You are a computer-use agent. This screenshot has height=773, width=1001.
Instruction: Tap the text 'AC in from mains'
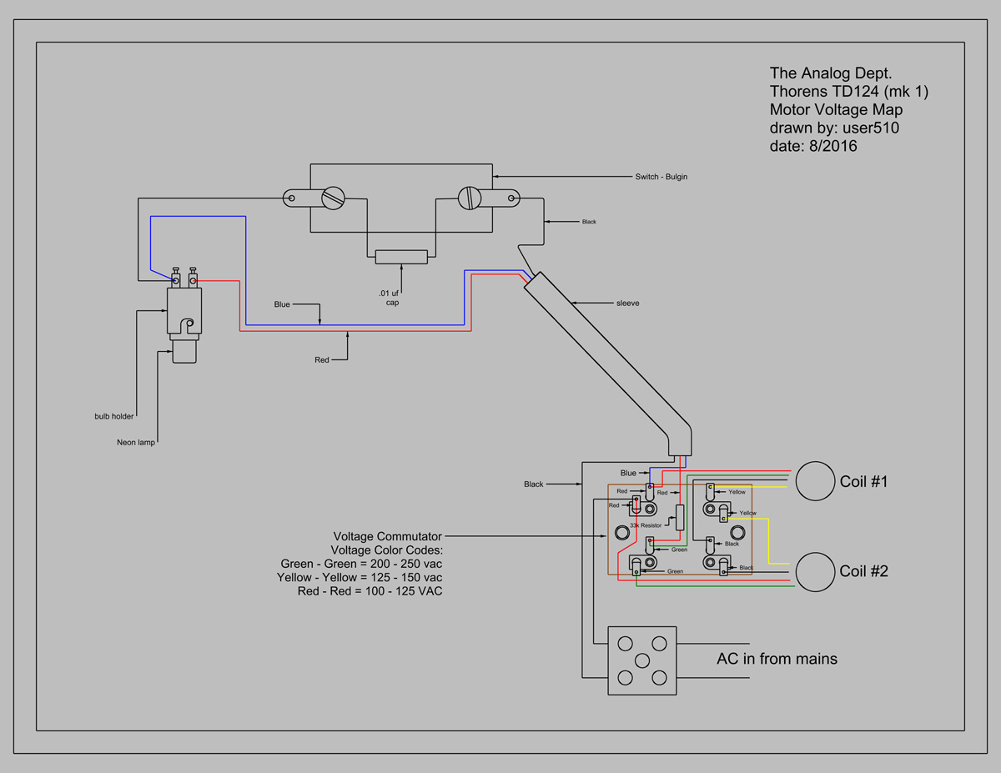pyautogui.click(x=777, y=659)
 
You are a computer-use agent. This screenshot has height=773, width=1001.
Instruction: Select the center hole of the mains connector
pyautogui.click(x=642, y=660)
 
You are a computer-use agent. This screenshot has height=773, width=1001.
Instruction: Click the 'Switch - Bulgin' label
pyautogui.click(x=661, y=177)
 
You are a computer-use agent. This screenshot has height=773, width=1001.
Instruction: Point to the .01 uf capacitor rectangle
pyautogui.click(x=401, y=257)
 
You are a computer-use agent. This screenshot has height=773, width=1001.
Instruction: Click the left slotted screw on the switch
pyautogui.click(x=333, y=198)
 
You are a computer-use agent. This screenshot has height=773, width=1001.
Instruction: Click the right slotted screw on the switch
pyautogui.click(x=470, y=198)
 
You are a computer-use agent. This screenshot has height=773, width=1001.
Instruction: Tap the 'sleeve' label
pyautogui.click(x=627, y=304)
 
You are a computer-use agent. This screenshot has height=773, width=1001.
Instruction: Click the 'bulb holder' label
pyautogui.click(x=113, y=416)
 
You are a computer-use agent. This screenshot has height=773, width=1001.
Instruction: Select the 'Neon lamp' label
pyautogui.click(x=136, y=443)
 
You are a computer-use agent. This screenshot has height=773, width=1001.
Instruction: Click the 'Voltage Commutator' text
pyautogui.click(x=387, y=536)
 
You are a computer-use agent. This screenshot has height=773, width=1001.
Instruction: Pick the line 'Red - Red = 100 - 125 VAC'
pyautogui.click(x=370, y=591)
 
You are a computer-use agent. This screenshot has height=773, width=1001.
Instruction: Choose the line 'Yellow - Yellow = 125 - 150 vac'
pyautogui.click(x=360, y=577)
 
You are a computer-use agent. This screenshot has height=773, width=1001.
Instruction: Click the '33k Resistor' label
pyautogui.click(x=646, y=525)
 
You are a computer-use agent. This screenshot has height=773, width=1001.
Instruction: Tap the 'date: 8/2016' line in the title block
pyautogui.click(x=813, y=146)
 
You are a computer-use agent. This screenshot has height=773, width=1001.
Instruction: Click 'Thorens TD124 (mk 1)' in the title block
pyautogui.click(x=849, y=91)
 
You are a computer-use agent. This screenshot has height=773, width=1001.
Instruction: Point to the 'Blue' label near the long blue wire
pyautogui.click(x=282, y=304)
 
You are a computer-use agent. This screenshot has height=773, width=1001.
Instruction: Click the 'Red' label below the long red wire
pyautogui.click(x=321, y=360)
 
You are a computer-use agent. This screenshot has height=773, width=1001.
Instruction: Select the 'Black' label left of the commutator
pyautogui.click(x=533, y=484)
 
